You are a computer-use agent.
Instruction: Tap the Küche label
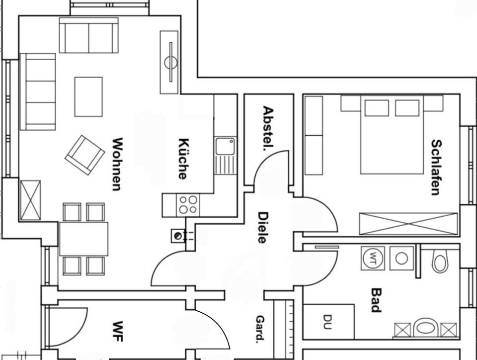click(182, 158)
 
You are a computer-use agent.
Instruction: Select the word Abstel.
click(268, 128)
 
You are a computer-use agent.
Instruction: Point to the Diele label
click(263, 227)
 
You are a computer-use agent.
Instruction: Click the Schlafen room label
click(436, 167)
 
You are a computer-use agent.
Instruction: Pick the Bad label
click(376, 300)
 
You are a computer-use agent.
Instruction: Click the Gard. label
click(260, 329)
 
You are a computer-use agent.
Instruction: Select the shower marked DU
click(328, 321)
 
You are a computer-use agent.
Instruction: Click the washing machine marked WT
click(373, 258)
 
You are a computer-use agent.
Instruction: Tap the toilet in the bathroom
click(440, 261)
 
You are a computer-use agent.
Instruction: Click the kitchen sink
click(226, 147)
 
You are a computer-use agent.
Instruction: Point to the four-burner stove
click(188, 205)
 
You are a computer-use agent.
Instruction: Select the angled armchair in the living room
click(84, 155)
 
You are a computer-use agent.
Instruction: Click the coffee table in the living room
click(88, 96)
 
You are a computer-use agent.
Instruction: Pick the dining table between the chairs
click(83, 239)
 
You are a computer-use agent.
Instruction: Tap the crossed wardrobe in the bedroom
click(408, 224)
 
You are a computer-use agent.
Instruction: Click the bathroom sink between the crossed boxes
click(425, 328)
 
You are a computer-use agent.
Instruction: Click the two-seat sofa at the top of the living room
click(88, 36)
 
